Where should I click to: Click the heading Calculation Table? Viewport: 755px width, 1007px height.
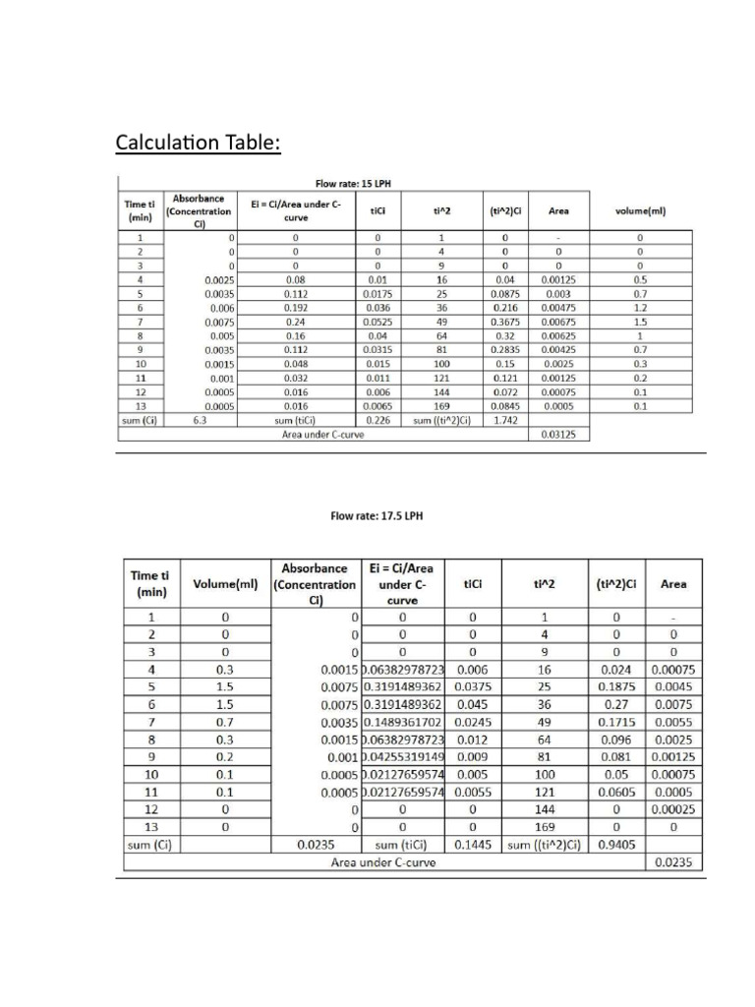tap(199, 144)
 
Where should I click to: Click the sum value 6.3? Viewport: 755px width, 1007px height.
tap(200, 419)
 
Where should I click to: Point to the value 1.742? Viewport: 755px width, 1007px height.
tap(505, 419)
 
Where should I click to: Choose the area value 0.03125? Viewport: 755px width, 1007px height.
tap(558, 434)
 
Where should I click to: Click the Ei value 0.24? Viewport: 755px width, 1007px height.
tap(295, 321)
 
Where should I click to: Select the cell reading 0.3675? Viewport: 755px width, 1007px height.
tap(505, 321)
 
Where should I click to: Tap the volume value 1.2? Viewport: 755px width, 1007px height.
tap(640, 307)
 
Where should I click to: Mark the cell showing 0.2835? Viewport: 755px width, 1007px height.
tap(505, 349)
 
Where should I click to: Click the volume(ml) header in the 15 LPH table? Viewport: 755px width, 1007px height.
tap(640, 209)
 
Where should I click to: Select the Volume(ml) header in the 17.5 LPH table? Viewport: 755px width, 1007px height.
tap(224, 583)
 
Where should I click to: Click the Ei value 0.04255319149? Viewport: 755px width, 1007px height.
tap(404, 757)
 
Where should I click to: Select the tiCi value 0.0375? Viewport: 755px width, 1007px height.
tap(474, 686)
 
